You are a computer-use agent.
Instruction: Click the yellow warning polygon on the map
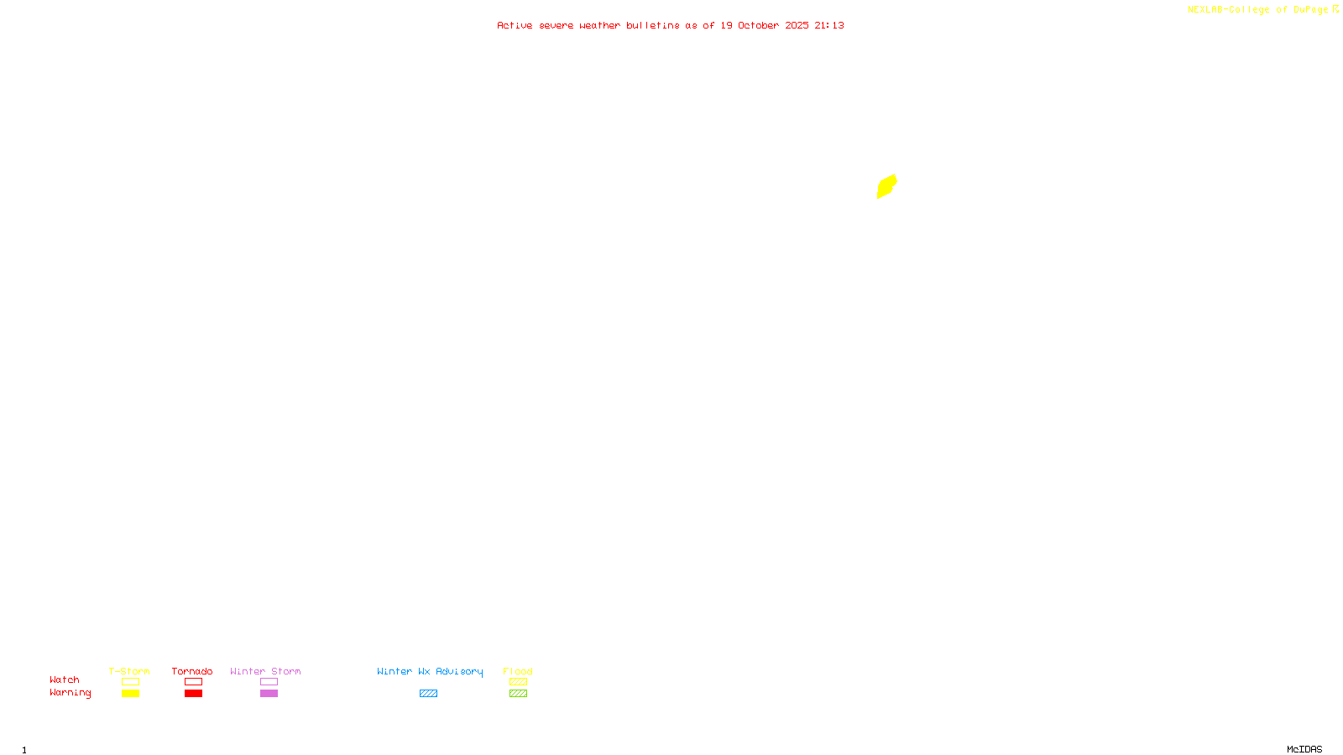(886, 186)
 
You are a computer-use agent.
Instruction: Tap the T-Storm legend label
(129, 671)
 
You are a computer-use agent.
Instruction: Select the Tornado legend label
(192, 671)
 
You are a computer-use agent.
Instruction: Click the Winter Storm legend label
(265, 671)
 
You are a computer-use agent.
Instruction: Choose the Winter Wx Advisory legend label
(430, 671)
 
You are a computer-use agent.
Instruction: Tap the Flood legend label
(518, 671)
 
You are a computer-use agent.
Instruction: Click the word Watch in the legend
(65, 680)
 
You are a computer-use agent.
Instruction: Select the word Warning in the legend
(70, 693)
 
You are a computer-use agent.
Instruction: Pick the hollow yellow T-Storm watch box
(130, 682)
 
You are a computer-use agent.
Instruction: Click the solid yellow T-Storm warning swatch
(130, 694)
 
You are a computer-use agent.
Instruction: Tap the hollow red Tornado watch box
(193, 682)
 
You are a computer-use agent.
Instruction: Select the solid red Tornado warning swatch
(193, 694)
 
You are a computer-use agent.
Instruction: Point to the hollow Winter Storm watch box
(269, 682)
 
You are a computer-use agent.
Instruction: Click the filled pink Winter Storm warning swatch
(269, 694)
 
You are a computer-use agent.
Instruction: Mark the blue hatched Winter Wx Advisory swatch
(428, 694)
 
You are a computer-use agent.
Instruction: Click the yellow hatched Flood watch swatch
(518, 682)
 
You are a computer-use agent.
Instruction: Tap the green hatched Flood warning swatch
(518, 694)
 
